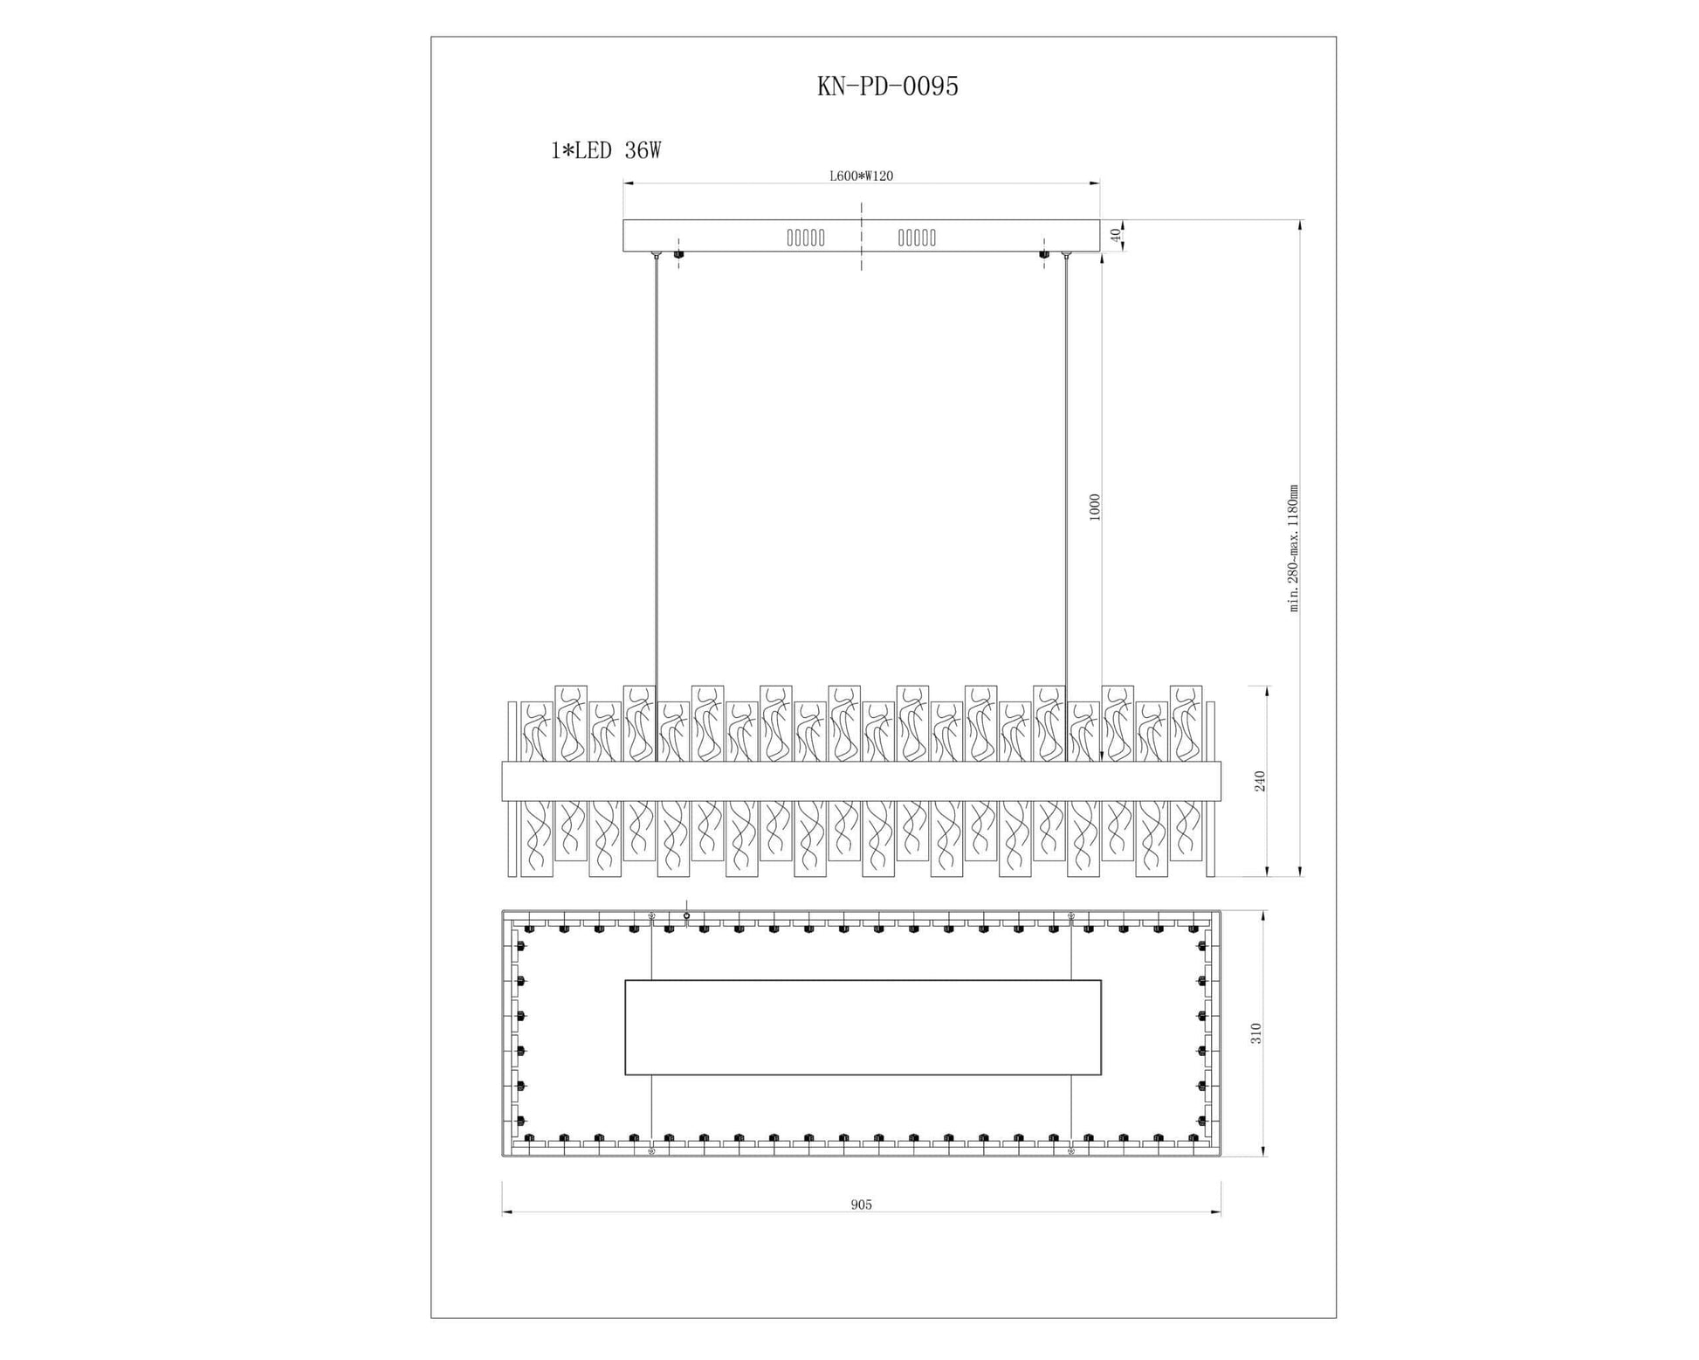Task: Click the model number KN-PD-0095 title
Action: tap(887, 86)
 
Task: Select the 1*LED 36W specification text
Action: tap(605, 151)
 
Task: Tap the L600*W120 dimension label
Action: tap(861, 176)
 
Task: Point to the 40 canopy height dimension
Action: tap(1114, 235)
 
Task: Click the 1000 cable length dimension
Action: tap(1095, 507)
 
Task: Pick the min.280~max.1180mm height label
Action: tap(1294, 548)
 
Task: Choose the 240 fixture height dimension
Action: tap(1260, 781)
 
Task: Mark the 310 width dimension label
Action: tap(1256, 1033)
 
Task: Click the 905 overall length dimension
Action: tap(861, 1205)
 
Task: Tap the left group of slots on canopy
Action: tap(805, 237)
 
